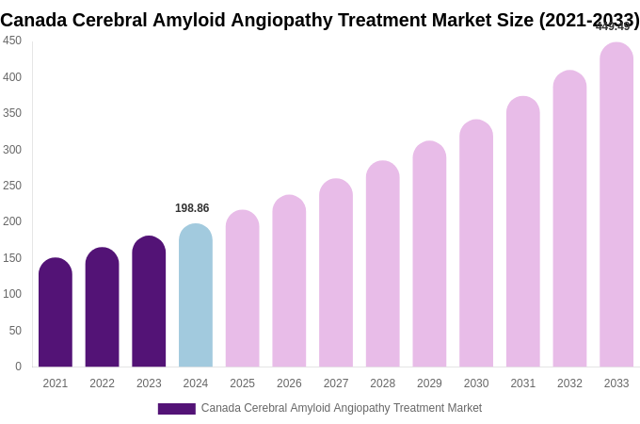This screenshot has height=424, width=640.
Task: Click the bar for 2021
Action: click(56, 313)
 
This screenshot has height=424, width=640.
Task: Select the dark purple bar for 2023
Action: click(149, 302)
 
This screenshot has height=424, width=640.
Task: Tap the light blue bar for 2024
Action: click(196, 296)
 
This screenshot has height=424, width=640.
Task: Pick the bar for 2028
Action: click(383, 264)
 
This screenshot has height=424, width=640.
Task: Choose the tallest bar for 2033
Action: click(616, 205)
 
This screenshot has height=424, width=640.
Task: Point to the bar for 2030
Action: click(476, 243)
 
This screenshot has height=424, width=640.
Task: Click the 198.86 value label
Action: click(192, 208)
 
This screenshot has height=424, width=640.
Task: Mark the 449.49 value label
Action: click(613, 27)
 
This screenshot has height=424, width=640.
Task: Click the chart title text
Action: click(320, 20)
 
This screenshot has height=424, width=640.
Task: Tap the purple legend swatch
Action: click(176, 409)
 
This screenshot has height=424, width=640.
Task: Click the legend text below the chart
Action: click(341, 408)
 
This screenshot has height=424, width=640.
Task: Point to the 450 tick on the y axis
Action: click(12, 41)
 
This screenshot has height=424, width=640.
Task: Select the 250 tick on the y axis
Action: click(12, 186)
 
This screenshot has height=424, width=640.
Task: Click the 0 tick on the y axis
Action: click(18, 367)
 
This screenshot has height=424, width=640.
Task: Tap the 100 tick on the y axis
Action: click(12, 294)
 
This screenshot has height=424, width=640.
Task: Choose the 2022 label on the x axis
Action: click(102, 383)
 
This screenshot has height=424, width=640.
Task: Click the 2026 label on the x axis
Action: click(289, 383)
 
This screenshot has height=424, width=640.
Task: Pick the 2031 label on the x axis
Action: click(523, 383)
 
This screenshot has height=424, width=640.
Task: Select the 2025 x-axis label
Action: click(243, 383)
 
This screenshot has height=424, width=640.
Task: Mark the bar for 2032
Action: click(569, 219)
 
